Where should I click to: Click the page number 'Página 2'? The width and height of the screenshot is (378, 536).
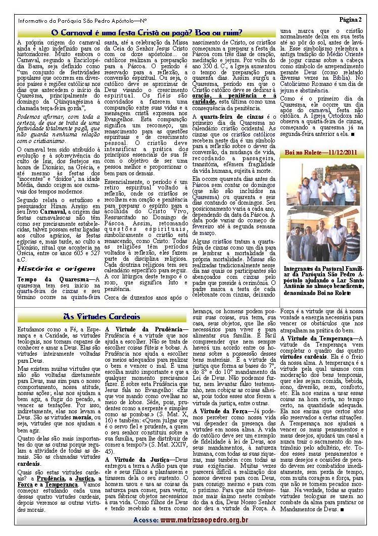click(350, 20)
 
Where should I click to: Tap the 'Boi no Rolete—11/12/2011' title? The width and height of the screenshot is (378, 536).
click(321, 153)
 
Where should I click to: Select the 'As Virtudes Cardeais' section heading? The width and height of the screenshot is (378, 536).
click(102, 317)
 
